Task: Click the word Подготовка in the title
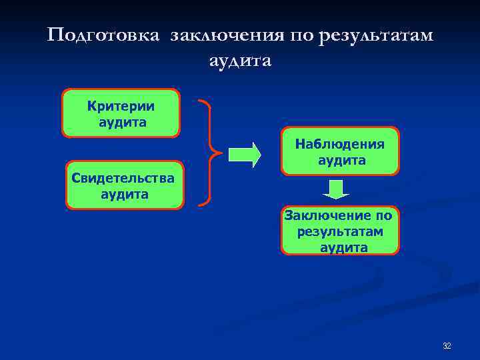(104, 35)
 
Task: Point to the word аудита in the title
(240, 61)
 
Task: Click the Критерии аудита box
(121, 113)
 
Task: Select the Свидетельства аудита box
(125, 185)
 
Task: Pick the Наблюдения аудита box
(340, 151)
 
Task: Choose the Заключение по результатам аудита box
(340, 231)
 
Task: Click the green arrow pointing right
(244, 155)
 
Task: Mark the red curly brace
(208, 152)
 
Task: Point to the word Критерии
(121, 106)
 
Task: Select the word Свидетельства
(124, 178)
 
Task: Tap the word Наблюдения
(340, 144)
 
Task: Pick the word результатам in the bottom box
(341, 231)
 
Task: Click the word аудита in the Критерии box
(122, 123)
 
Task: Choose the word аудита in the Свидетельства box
(125, 195)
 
